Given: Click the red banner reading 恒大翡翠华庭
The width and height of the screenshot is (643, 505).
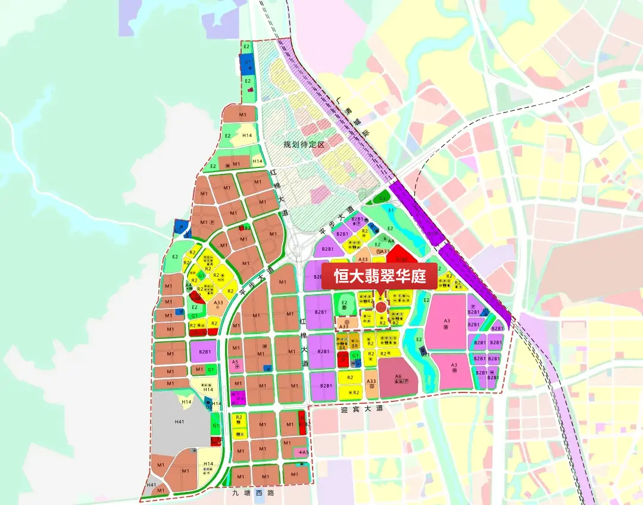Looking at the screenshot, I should pos(379,276).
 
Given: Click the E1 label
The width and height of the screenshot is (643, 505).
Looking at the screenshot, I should pos(391,210).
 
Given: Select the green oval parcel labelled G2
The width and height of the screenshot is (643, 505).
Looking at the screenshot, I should pos(382,198).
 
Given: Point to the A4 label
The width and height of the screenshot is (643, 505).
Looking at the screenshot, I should pos(391,241).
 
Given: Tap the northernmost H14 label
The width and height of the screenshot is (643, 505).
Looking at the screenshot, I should pos(246,135).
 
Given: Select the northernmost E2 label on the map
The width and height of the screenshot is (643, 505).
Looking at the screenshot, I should pos(247,46).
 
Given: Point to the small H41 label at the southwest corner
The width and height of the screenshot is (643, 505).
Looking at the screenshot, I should pos(151,485).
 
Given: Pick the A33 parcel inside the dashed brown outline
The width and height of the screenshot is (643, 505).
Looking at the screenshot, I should pos(344,325).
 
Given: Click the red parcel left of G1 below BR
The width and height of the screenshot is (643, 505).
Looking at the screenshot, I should pos(342,359).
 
